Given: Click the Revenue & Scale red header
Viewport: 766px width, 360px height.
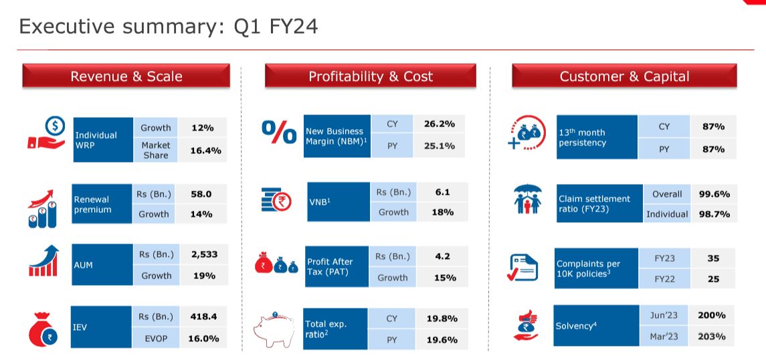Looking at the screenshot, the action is point(126,76).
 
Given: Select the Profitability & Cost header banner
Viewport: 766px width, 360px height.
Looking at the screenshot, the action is point(371,76).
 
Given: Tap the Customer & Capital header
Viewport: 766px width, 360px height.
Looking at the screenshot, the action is point(624,76).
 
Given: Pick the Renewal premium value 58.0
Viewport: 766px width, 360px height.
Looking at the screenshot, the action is point(201,194).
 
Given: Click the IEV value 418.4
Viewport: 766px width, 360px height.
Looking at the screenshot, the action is point(203,317).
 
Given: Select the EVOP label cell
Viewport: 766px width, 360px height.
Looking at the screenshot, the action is point(157,337).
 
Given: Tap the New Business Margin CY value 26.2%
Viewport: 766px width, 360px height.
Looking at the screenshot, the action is point(439,124).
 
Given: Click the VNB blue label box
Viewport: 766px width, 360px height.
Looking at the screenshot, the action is point(339,201).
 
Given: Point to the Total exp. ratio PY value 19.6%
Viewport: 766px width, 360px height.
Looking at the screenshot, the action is point(442,339).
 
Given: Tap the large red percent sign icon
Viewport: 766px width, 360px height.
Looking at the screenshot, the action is point(279,132).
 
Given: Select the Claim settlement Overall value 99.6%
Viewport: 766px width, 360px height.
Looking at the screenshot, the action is point(714,194).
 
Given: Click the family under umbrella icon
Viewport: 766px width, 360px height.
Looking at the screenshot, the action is point(528,199).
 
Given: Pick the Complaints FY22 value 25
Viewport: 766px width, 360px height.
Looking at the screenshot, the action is point(713,280).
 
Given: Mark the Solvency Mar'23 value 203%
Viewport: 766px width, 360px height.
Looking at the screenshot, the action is point(711,337).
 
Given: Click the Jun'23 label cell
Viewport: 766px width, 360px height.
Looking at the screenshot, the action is point(664,316).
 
